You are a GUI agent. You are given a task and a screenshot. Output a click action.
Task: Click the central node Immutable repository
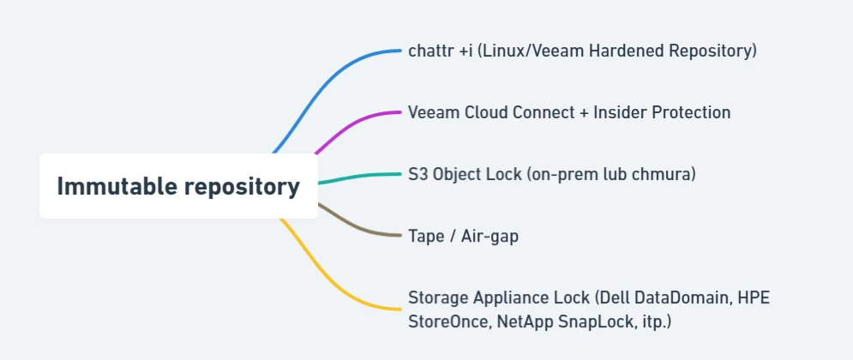click(178, 186)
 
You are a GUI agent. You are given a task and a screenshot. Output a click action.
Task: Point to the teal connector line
click(360, 176)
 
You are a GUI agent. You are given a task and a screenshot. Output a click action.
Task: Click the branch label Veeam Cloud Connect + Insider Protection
click(569, 112)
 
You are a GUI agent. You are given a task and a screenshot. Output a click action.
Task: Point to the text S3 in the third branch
click(417, 174)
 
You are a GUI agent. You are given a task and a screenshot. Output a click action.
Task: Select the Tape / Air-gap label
click(463, 236)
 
